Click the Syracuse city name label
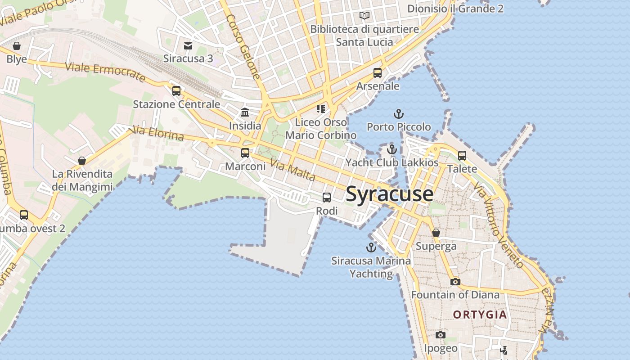pos(390,194)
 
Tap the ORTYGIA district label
pos(480,315)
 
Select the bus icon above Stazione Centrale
pos(176,91)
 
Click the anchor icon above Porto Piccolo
pos(398,113)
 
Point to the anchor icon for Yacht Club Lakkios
pos(392,149)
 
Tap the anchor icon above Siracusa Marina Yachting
pos(371,247)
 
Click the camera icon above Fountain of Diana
pos(455,282)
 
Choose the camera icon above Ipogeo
pos(441,335)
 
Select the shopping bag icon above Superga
pos(436,233)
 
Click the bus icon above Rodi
pos(327,197)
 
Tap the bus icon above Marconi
pos(245,153)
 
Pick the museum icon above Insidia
pos(245,112)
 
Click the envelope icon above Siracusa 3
pos(188,45)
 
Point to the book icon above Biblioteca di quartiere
pos(364,16)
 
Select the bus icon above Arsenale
pos(378,72)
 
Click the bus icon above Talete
pos(462,156)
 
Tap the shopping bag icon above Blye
pos(17,46)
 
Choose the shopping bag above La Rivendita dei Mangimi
pos(82,161)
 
